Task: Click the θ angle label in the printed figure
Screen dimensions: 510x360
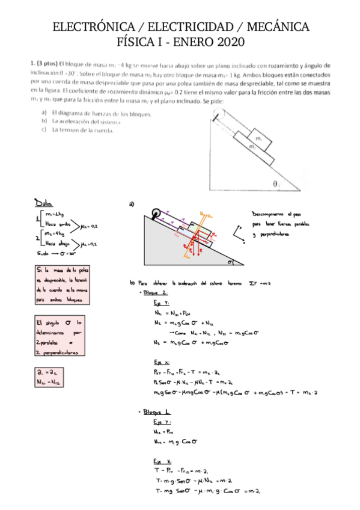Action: [x=275, y=185]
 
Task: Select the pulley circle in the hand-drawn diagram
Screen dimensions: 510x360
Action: [x=156, y=213]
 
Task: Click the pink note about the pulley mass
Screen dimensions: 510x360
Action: [x=62, y=285]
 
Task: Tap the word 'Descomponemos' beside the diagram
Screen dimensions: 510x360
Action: [x=269, y=214]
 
